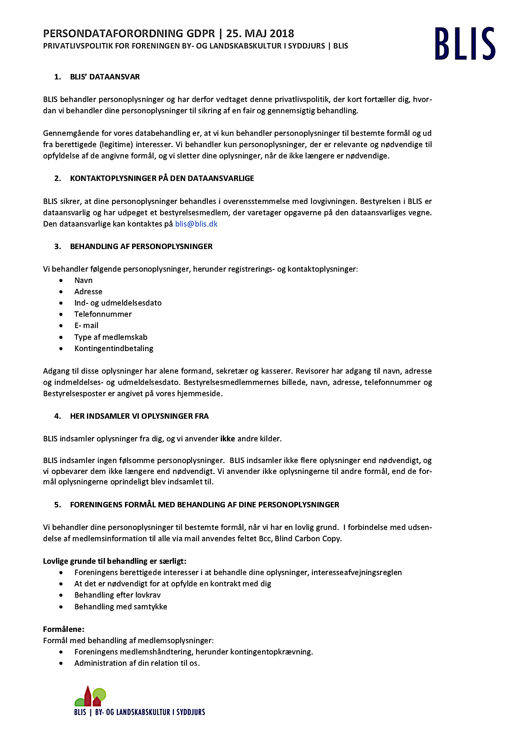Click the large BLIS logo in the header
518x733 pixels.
pyautogui.click(x=464, y=43)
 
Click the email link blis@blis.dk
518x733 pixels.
pyautogui.click(x=196, y=224)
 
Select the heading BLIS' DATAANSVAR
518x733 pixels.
pyautogui.click(x=105, y=77)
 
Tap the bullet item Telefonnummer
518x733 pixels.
pyautogui.click(x=103, y=314)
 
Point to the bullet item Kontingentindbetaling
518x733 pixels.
pyautogui.click(x=114, y=349)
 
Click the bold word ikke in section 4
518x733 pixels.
pyautogui.click(x=227, y=439)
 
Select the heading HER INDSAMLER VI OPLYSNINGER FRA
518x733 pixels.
pyautogui.click(x=139, y=416)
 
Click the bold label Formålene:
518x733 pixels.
pyautogui.click(x=64, y=629)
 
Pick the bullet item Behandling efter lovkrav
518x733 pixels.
pyautogui.click(x=117, y=595)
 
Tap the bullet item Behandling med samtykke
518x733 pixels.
pyautogui.click(x=121, y=607)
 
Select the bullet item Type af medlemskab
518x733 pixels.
pyautogui.click(x=111, y=337)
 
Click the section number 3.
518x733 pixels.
pyautogui.click(x=57, y=247)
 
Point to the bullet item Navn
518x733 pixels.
pyautogui.click(x=84, y=280)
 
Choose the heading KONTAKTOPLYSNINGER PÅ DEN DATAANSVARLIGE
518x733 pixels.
pyautogui.click(x=162, y=178)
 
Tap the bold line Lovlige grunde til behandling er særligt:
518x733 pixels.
pyautogui.click(x=115, y=561)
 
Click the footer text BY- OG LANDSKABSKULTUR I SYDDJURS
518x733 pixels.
pyautogui.click(x=150, y=712)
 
